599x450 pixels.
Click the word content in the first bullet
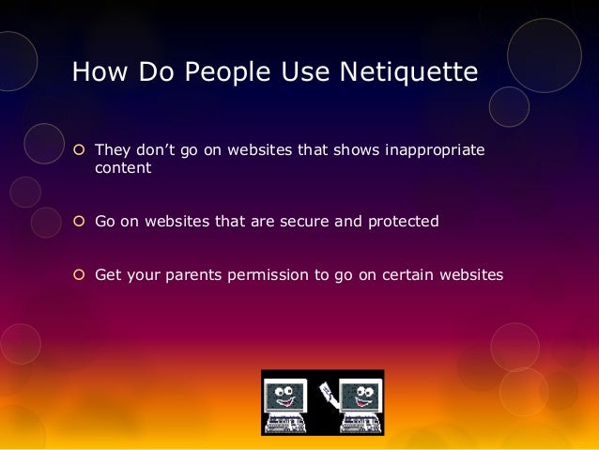pos(122,171)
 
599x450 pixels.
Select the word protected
pos(400,222)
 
